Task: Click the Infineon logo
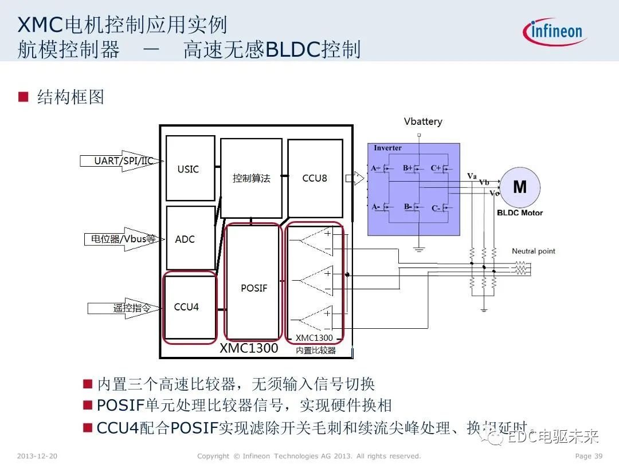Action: click(554, 31)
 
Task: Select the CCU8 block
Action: click(314, 178)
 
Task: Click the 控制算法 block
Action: click(251, 178)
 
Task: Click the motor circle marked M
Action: click(520, 187)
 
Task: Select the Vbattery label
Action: click(423, 121)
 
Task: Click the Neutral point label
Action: click(533, 251)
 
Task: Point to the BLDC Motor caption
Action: click(520, 213)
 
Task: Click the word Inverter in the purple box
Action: click(387, 148)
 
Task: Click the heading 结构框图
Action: click(70, 97)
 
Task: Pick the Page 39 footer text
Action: click(588, 456)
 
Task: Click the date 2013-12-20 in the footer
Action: click(37, 456)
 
